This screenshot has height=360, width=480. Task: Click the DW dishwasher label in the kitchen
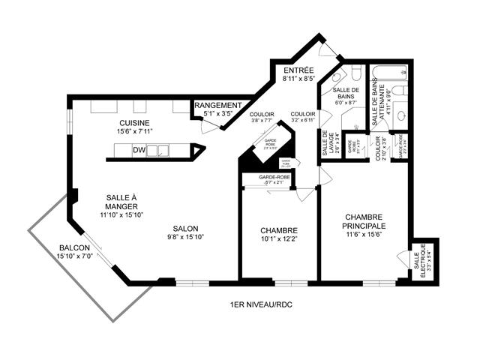click(x=139, y=151)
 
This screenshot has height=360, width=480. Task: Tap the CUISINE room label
click(x=134, y=123)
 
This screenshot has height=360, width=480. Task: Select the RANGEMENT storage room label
click(x=218, y=106)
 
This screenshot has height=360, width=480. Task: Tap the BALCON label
click(x=74, y=248)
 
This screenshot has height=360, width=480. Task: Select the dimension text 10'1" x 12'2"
click(x=280, y=240)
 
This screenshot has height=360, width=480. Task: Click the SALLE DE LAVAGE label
click(x=325, y=142)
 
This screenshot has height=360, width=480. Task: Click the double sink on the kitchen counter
click(x=160, y=151)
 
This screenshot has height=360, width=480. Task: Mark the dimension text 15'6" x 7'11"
click(x=134, y=133)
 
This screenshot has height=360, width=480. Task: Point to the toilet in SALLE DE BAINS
click(x=337, y=76)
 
